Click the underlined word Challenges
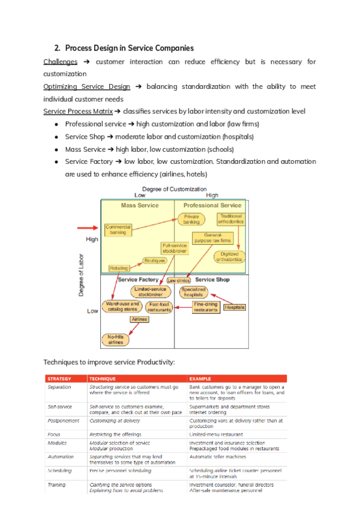[61, 62]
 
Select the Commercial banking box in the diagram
[118, 229]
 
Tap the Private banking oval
[191, 219]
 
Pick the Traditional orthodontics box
[230, 218]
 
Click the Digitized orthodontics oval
[230, 256]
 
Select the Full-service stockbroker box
[175, 248]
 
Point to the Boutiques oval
[154, 261]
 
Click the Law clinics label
[179, 280]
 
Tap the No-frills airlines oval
[116, 340]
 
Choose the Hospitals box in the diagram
[235, 307]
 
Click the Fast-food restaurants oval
[159, 307]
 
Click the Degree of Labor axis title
[81, 274]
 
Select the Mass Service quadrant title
[140, 205]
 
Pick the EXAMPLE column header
[202, 379]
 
